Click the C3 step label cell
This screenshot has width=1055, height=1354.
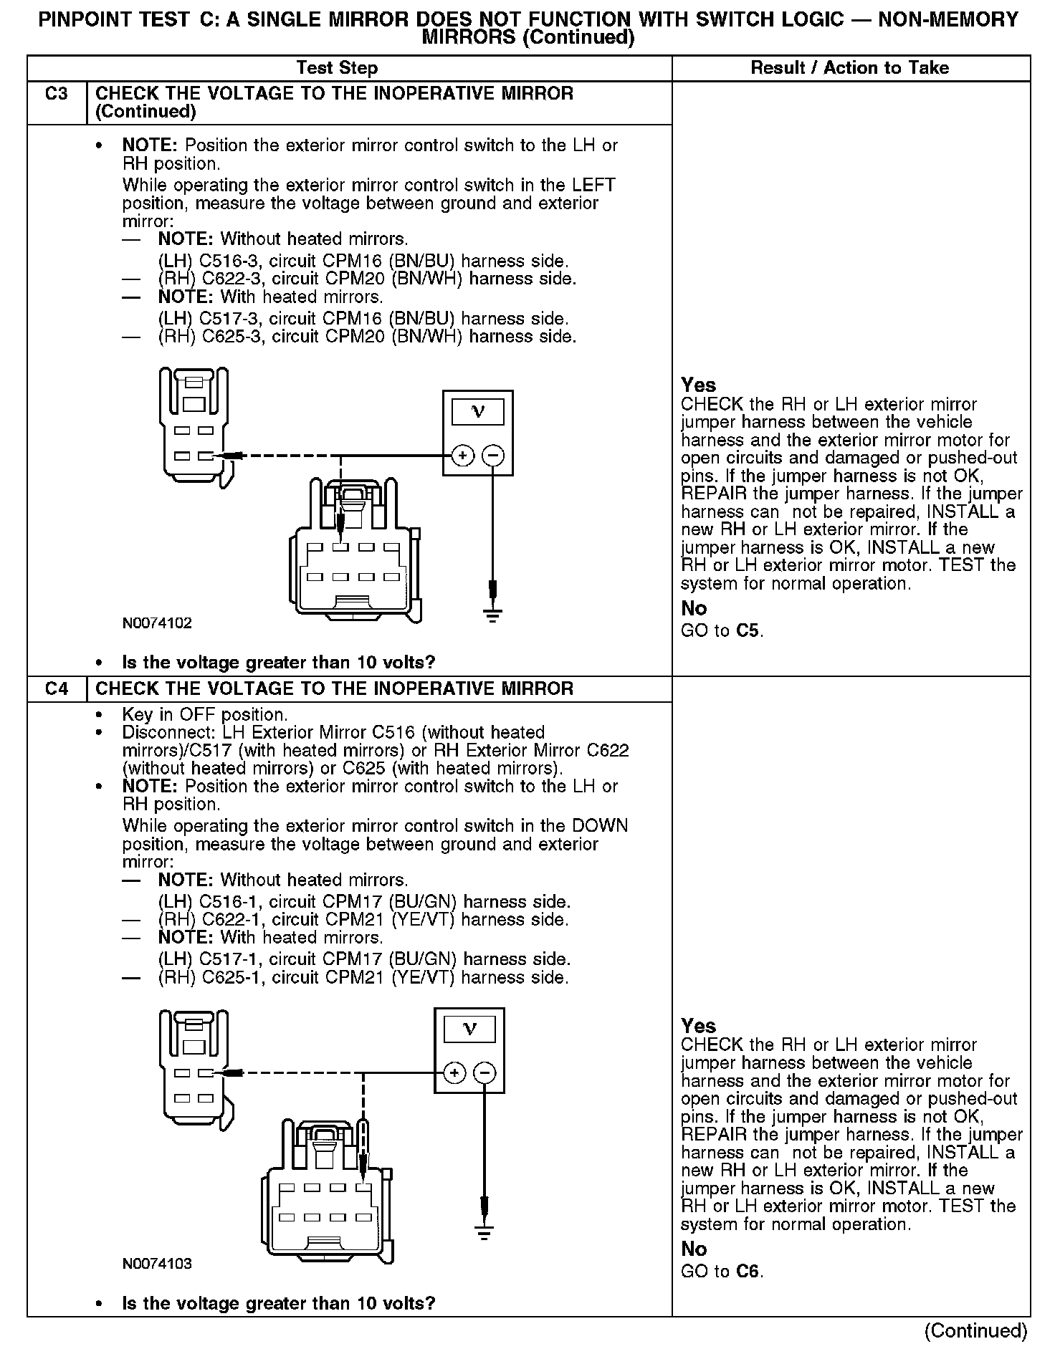tap(57, 94)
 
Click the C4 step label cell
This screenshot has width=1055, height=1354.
tap(57, 688)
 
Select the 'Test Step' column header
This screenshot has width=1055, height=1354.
tap(337, 68)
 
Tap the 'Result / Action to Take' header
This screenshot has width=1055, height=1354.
tap(849, 68)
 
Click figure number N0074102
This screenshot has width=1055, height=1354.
tap(157, 623)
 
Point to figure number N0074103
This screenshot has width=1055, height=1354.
tap(157, 1264)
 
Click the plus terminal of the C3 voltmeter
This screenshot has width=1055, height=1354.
tap(463, 456)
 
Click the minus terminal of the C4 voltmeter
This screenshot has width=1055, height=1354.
tap(485, 1072)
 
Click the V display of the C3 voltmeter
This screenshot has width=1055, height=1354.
tap(478, 412)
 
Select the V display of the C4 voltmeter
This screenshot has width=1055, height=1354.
tap(469, 1029)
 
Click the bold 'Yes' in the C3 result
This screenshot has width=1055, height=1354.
tap(698, 385)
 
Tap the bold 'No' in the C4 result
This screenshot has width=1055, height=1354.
tap(694, 1249)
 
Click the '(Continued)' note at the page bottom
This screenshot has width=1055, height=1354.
tap(975, 1330)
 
